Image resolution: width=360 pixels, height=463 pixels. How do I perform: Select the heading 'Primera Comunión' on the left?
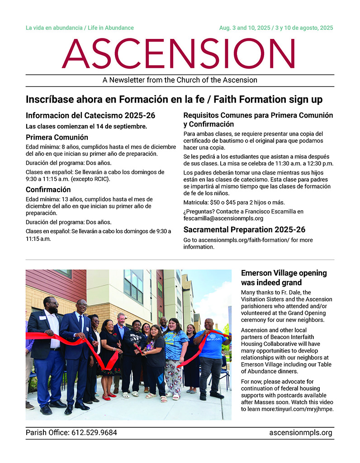57,137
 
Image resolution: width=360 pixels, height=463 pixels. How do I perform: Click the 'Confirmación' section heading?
48,189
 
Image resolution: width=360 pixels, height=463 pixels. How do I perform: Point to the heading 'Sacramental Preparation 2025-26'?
244,230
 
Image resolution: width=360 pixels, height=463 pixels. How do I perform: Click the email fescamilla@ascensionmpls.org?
223,218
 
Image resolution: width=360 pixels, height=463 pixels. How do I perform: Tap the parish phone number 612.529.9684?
94,433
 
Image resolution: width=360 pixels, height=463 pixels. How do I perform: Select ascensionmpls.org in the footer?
300,433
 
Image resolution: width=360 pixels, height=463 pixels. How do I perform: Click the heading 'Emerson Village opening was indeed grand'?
284,278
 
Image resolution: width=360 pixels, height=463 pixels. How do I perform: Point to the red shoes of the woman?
107,397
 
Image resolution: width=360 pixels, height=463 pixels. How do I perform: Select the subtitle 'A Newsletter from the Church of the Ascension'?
180,80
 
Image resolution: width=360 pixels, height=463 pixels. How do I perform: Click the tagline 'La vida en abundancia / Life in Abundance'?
80,28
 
